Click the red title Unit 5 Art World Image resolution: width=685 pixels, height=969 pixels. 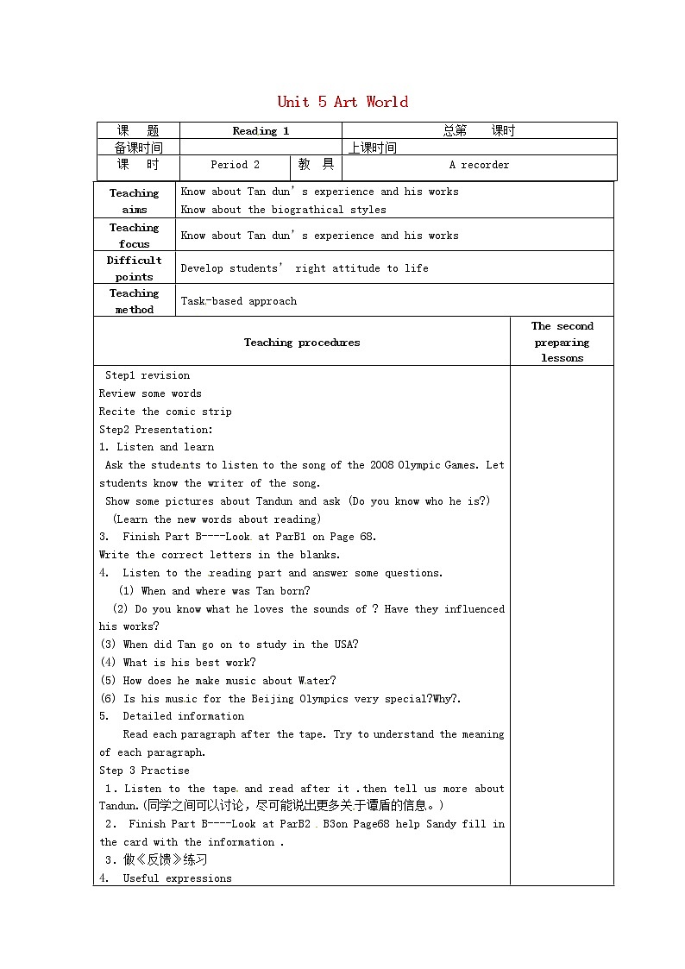click(342, 102)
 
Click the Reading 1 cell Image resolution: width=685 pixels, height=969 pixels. click(261, 131)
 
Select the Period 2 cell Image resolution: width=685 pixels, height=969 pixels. click(235, 165)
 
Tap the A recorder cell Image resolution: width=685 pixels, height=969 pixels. click(479, 165)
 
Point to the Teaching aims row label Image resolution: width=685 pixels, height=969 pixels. click(135, 201)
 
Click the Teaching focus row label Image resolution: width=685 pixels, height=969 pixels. click(135, 236)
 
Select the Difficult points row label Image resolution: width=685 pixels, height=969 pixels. click(135, 268)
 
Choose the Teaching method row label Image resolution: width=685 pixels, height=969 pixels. click(135, 301)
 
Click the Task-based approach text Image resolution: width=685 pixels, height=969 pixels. click(239, 301)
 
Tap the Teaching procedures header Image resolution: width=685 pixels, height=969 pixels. click(302, 343)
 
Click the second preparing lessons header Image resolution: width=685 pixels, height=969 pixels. click(562, 342)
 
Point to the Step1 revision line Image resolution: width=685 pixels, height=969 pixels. click(148, 375)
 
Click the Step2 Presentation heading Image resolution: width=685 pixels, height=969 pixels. click(156, 430)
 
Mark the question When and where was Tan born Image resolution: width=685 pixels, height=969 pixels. click(225, 591)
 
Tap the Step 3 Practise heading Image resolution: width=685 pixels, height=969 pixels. click(144, 771)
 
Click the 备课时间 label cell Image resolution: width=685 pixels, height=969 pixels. click(138, 148)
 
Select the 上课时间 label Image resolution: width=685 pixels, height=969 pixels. click(373, 148)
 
